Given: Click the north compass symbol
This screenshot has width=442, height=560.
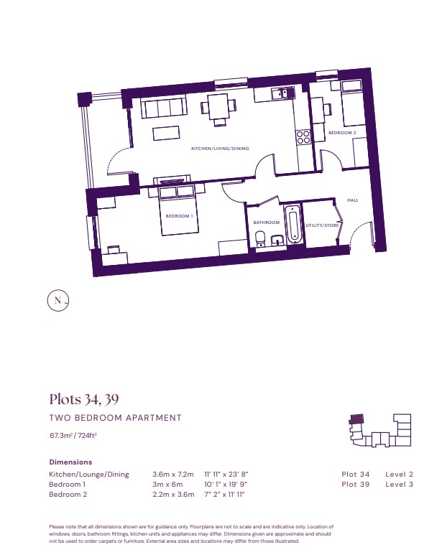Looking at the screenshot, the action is point(58,300).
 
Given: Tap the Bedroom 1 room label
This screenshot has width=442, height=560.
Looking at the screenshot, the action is point(179,216).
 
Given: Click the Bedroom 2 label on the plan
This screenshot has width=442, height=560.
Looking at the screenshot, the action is point(342,133).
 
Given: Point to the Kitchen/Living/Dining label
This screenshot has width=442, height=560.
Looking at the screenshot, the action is point(220,148).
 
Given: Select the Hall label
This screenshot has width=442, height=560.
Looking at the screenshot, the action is point(353,200).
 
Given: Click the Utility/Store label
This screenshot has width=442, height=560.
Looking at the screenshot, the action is point(322,225).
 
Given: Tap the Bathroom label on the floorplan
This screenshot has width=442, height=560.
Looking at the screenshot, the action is point(266,223).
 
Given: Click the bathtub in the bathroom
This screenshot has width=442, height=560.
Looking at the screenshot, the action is point(293,224).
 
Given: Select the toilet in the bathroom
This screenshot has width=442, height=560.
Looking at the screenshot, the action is point(260,238).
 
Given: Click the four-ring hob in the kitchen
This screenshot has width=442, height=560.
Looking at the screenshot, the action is point(303,137).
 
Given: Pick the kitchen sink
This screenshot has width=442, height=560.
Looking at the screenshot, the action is point(282,93).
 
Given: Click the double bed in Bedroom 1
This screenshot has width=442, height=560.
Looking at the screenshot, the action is point(178,210).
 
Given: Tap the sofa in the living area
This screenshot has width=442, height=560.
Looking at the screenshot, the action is point(164,108).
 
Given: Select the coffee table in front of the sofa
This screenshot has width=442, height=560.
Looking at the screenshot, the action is point(166,134).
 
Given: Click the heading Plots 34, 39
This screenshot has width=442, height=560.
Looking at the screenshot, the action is point(84,399).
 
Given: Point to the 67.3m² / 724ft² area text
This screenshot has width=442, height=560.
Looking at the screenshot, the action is point(73,435).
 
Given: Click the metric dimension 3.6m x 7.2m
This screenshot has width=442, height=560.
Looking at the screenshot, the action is point(173,475).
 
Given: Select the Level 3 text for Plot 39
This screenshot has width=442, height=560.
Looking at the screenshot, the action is point(399,485).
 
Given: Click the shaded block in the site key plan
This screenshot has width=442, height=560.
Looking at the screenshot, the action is point(356,419).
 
